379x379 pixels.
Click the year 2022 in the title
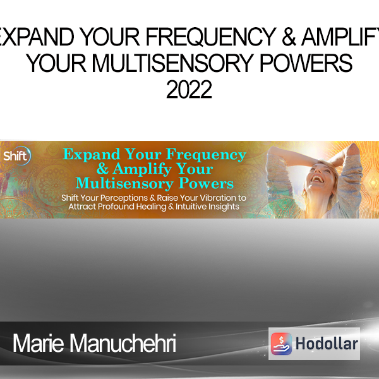(189, 90)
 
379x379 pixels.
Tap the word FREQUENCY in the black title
(211, 37)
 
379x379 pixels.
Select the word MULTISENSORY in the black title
(172, 63)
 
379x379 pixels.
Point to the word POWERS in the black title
(306, 63)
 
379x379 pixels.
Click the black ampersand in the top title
(289, 37)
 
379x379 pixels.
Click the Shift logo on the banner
(16, 156)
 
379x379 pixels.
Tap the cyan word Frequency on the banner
(206, 155)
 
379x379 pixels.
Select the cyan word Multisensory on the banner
(124, 184)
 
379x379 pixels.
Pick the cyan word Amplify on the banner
(142, 169)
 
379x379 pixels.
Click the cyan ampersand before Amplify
(102, 169)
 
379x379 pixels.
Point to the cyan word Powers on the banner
(206, 183)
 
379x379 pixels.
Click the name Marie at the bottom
(38, 343)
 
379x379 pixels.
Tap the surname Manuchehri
(123, 343)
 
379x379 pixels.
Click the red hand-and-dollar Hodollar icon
(281, 344)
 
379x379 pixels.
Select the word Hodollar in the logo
(327, 344)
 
